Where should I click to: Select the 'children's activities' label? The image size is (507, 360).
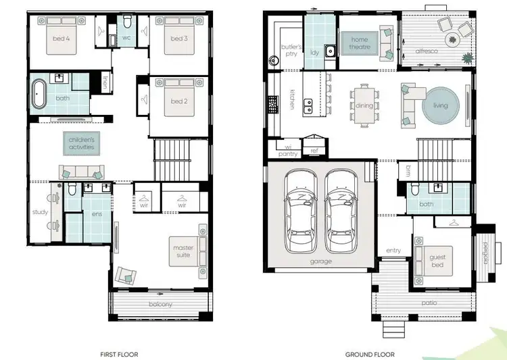[x=81, y=143]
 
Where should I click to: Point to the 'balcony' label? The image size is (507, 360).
[x=162, y=305]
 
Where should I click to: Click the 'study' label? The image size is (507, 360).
[x=40, y=213]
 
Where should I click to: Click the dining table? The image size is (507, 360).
[x=364, y=105]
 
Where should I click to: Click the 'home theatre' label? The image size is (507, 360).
[x=360, y=44]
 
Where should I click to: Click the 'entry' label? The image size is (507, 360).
[x=393, y=251]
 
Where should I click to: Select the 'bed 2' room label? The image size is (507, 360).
[x=178, y=101]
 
